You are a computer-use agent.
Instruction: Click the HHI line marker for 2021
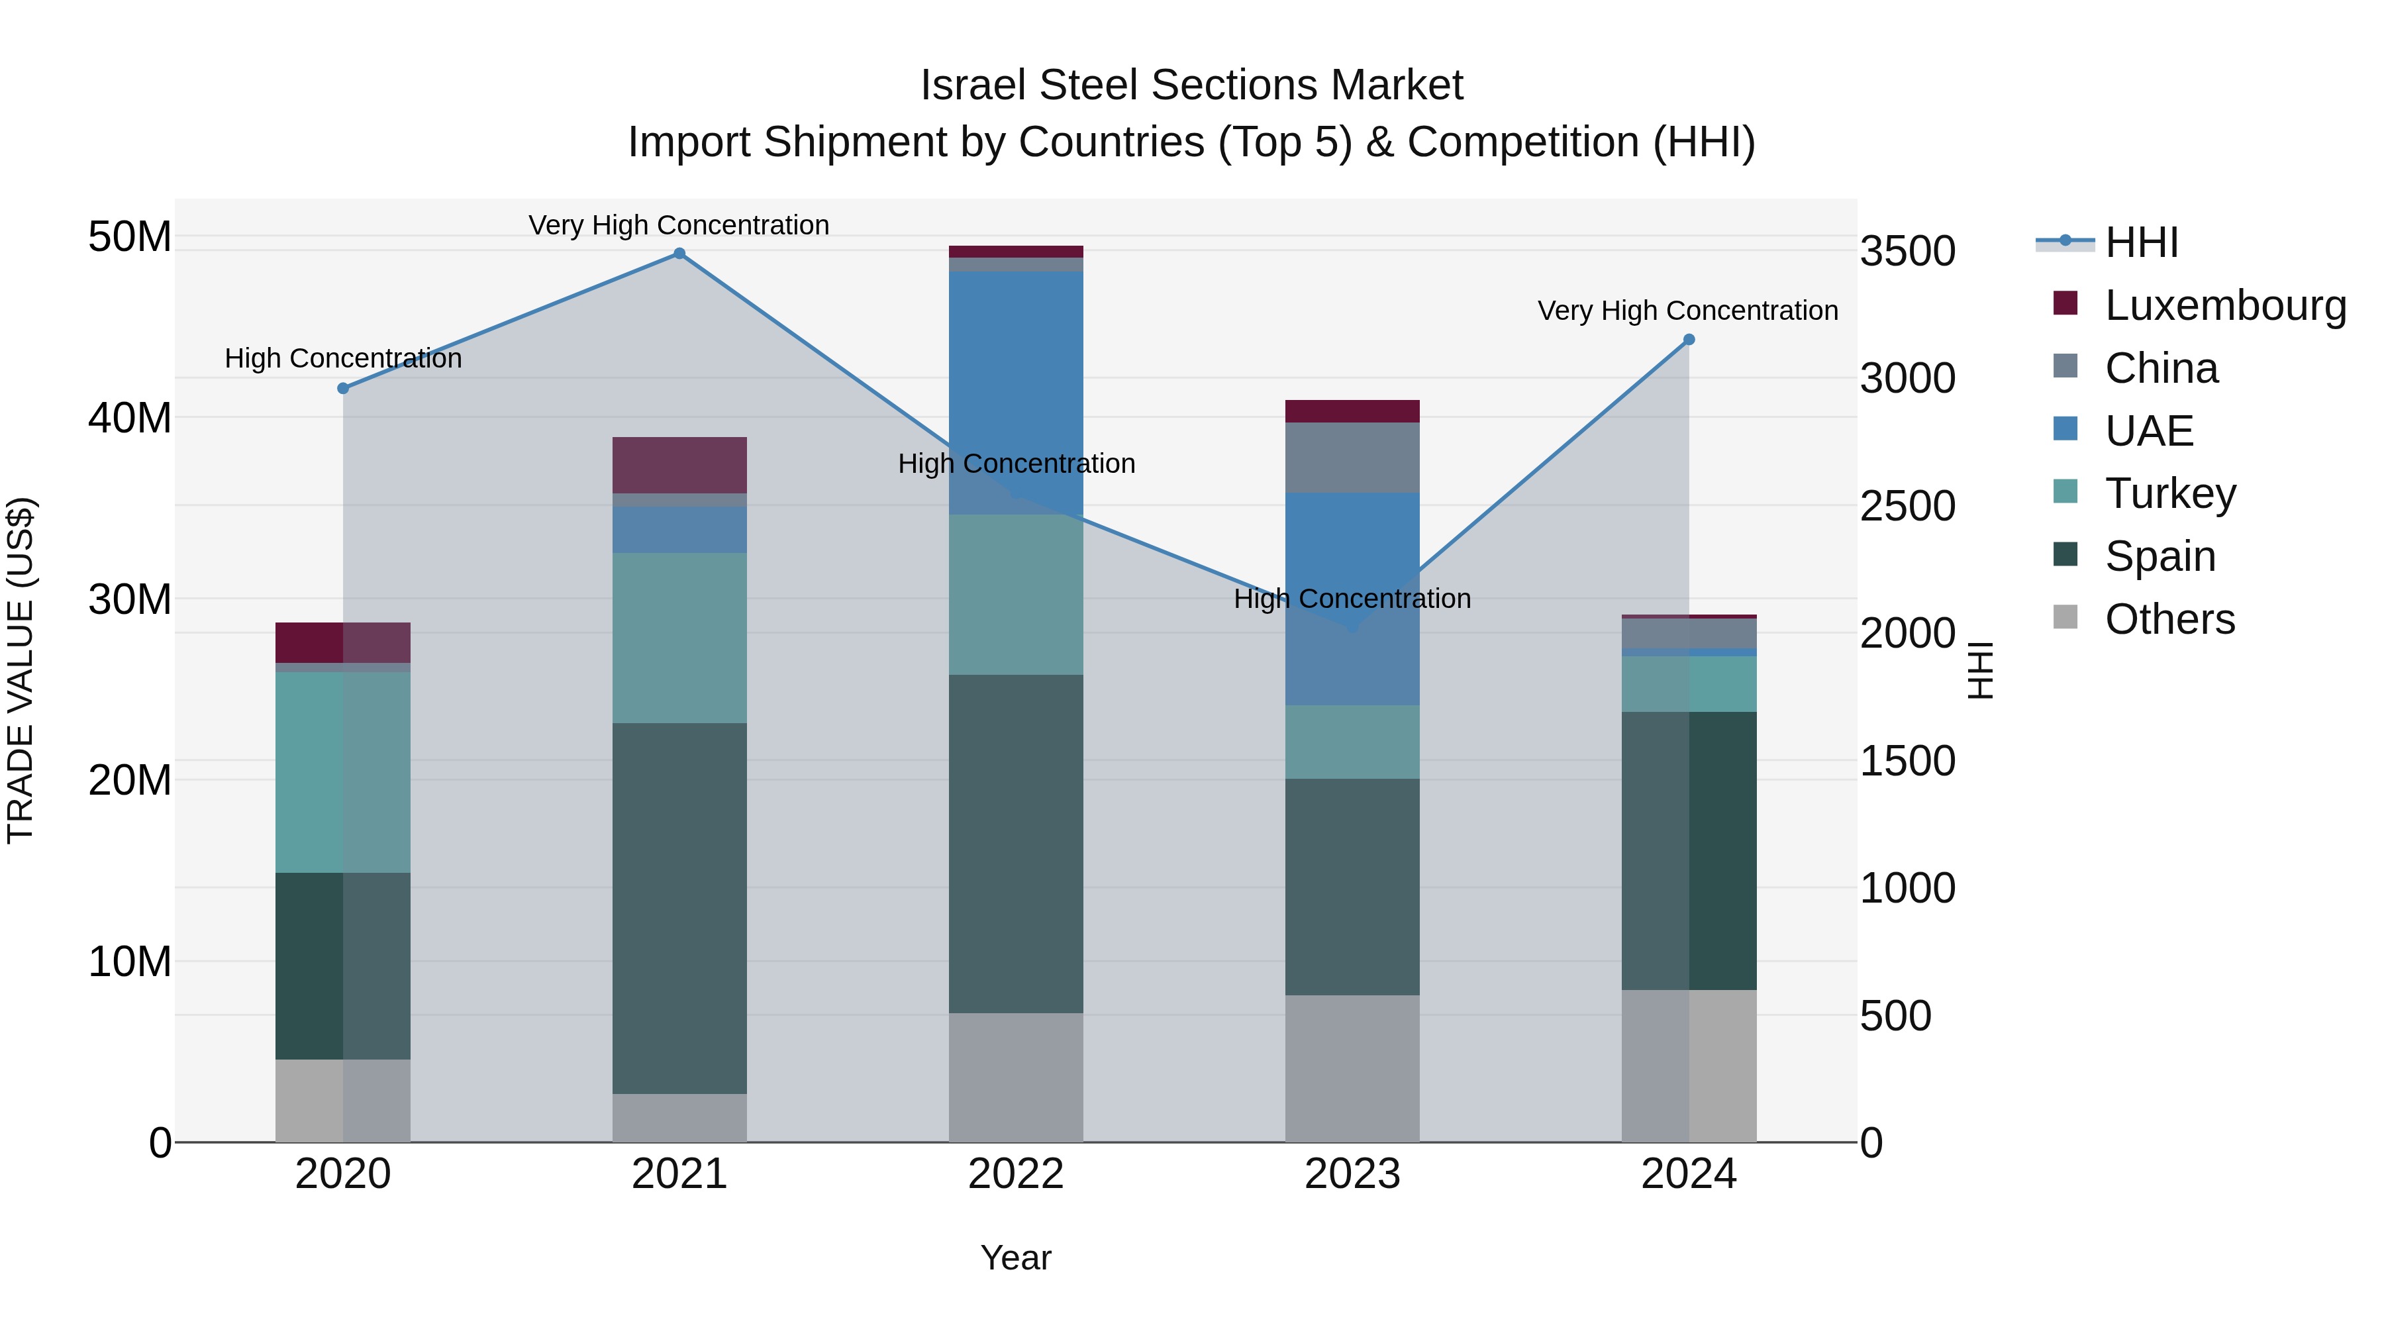[679, 254]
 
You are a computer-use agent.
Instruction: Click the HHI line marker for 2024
[1688, 340]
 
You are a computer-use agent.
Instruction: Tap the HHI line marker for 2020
[343, 389]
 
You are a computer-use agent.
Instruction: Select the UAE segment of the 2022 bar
[1015, 389]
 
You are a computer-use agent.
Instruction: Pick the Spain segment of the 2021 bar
[679, 907]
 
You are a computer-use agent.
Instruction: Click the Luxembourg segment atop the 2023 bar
[1352, 411]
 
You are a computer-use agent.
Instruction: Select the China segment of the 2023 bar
[1352, 457]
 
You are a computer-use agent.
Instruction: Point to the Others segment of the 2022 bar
[1015, 1077]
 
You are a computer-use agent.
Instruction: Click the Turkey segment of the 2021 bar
[679, 638]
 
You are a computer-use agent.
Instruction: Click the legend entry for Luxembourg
[2225, 305]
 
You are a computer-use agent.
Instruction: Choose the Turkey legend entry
[2169, 493]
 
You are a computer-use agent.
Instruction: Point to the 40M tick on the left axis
[130, 419]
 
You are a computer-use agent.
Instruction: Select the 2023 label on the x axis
[1352, 1174]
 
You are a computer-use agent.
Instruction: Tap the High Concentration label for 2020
[343, 358]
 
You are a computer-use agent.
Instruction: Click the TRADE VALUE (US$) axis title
[21, 670]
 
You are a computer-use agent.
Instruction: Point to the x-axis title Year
[1015, 1258]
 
